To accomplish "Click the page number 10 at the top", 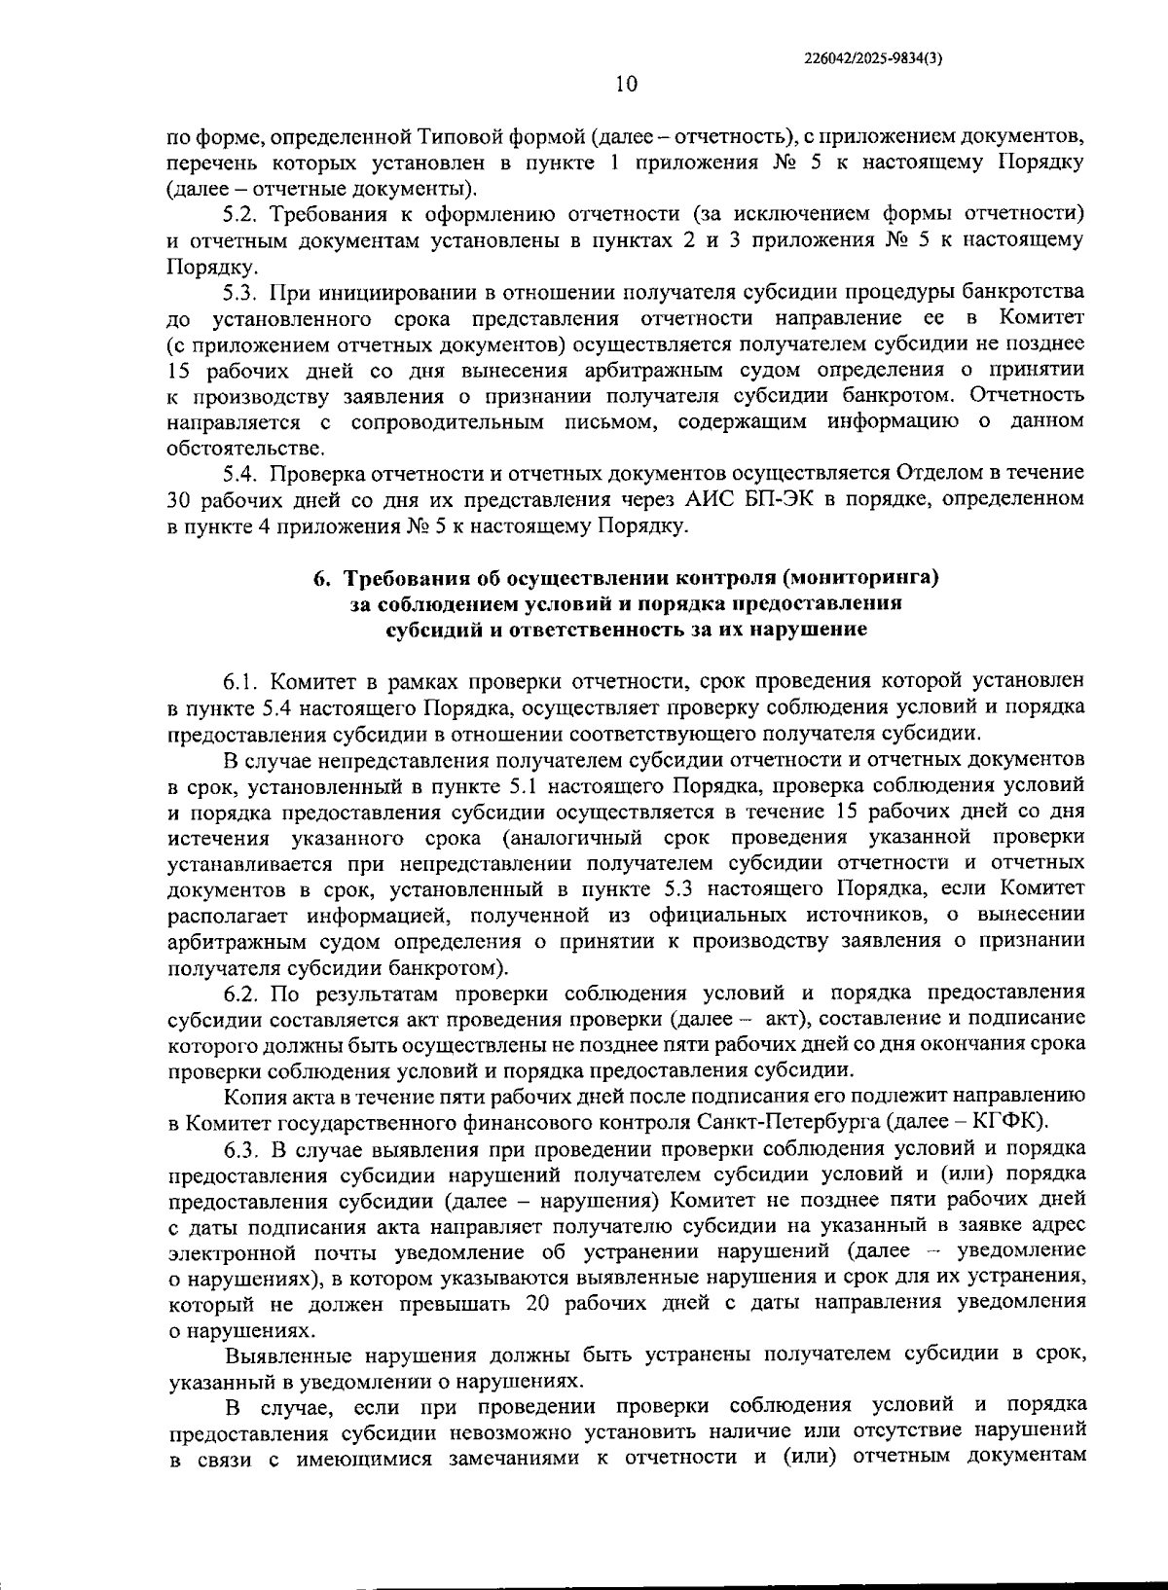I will pyautogui.click(x=626, y=85).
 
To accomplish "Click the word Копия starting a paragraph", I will pyautogui.click(x=250, y=1098).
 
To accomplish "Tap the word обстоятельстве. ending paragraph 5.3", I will pyautogui.click(x=234, y=449).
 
